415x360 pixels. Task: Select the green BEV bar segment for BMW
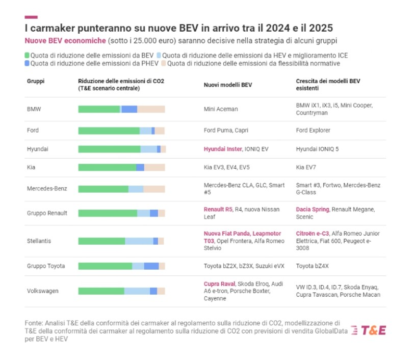[99, 109]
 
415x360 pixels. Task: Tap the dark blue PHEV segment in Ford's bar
[153, 131]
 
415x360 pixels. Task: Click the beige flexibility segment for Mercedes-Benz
[154, 189]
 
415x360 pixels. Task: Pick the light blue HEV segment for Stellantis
[139, 241]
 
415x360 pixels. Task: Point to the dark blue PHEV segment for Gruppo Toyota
[151, 266]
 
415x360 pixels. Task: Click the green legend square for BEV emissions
[27, 55]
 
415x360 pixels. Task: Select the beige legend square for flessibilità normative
[163, 64]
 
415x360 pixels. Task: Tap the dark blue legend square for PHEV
[27, 64]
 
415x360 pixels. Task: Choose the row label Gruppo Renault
[47, 213]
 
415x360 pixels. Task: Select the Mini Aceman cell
[221, 109]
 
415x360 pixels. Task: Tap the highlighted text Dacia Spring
[313, 209]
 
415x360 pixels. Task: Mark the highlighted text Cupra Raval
[219, 284]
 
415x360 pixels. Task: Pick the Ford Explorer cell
[313, 131]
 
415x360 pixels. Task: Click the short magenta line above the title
[31, 17]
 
